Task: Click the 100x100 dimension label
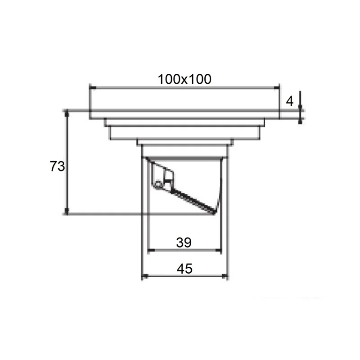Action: click(x=184, y=79)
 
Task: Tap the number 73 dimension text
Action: click(x=57, y=166)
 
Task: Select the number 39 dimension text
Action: click(x=184, y=243)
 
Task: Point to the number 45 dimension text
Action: click(x=184, y=268)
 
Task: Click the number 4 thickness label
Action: click(x=290, y=101)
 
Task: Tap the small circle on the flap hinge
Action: click(x=158, y=184)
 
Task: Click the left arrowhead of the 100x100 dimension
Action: click(x=93, y=87)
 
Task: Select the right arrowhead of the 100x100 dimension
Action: click(x=276, y=87)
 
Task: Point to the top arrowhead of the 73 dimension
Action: click(x=67, y=113)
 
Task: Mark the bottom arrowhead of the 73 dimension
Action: click(x=67, y=211)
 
